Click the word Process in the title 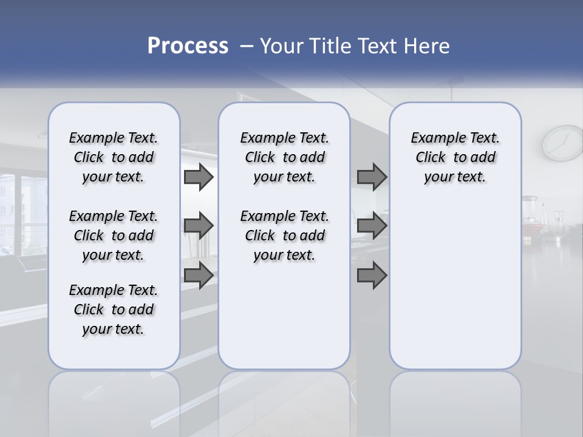188,46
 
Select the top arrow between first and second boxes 198,177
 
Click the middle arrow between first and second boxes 198,226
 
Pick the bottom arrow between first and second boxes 198,276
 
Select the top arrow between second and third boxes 372,177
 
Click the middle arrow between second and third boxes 372,226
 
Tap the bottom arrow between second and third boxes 372,276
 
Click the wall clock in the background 563,143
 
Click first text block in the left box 114,157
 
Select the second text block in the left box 114,235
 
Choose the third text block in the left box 114,310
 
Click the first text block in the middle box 284,157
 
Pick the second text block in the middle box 284,235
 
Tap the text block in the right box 455,157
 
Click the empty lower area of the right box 455,285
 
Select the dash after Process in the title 247,46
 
